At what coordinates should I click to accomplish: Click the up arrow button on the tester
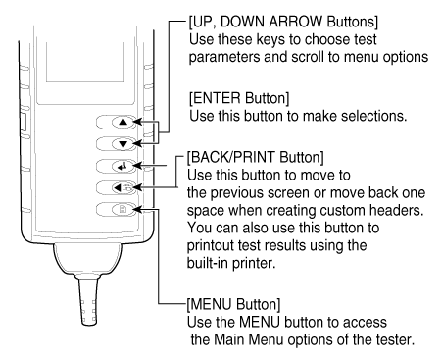point(123,122)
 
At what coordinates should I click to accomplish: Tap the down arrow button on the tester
point(123,144)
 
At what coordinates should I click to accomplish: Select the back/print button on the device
point(123,187)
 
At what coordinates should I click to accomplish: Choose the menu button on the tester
point(123,209)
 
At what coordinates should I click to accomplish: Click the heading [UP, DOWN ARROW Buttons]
point(283,22)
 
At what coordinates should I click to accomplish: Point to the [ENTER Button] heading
point(239,98)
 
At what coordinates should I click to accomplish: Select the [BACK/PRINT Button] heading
point(256,157)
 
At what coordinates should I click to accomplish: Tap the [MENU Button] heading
point(233,304)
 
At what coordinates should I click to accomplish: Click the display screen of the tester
point(85,62)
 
